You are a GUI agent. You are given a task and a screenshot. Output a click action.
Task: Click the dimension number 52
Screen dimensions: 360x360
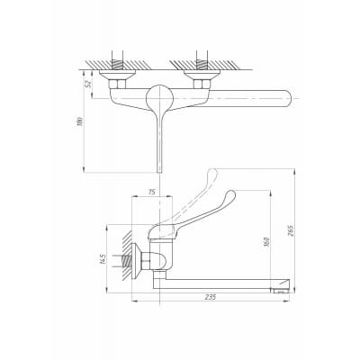coord(88,83)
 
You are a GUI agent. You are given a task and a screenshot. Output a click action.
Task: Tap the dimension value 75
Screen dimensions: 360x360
coord(152,192)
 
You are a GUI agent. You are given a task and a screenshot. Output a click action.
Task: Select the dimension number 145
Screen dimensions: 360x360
coord(103,259)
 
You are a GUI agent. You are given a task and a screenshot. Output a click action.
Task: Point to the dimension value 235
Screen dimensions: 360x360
coord(211,297)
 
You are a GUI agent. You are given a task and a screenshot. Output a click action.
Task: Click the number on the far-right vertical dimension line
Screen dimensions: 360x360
coord(291,230)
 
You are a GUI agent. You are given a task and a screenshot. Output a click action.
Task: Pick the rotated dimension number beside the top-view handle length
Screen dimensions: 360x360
coord(80,121)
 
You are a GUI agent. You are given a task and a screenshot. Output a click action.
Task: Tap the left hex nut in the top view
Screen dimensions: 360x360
coord(117,84)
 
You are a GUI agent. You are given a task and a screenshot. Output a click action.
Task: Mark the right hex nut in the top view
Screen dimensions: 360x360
coord(202,84)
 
